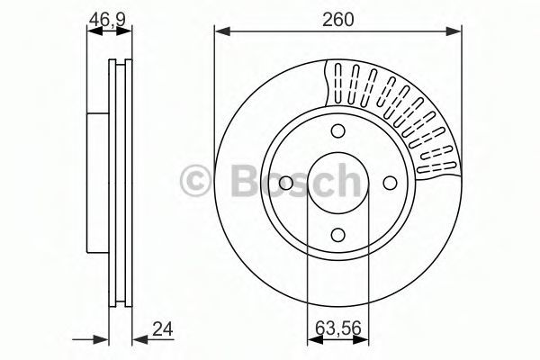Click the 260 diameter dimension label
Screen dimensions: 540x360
tap(337, 19)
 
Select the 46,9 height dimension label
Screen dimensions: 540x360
tap(107, 20)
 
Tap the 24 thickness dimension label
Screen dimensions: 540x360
tap(163, 329)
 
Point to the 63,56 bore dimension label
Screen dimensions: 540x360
tap(338, 328)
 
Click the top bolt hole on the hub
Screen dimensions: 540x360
tap(337, 130)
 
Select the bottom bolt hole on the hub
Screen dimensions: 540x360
tap(337, 235)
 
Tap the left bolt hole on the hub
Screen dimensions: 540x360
tap(286, 183)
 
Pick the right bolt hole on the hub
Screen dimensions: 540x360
tap(390, 183)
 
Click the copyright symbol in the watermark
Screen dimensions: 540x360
tap(194, 180)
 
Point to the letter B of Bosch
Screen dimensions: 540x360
tap(246, 181)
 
